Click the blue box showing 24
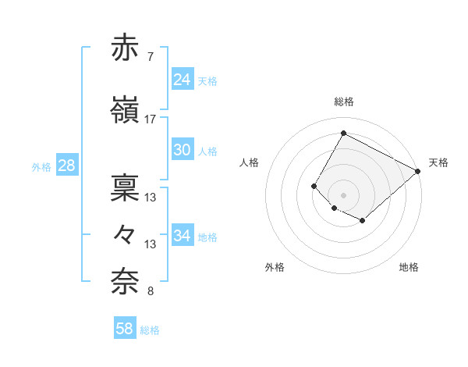[182, 80]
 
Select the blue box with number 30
[182, 150]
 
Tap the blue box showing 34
[182, 236]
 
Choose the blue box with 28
[66, 166]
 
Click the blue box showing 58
[125, 330]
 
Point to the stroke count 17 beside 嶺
[150, 119]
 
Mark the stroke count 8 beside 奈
[150, 291]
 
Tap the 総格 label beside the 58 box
[150, 330]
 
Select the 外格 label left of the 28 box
[41, 167]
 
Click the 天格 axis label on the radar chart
[438, 162]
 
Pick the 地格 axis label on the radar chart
[409, 267]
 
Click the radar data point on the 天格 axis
[418, 171]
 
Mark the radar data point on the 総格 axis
[343, 133]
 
